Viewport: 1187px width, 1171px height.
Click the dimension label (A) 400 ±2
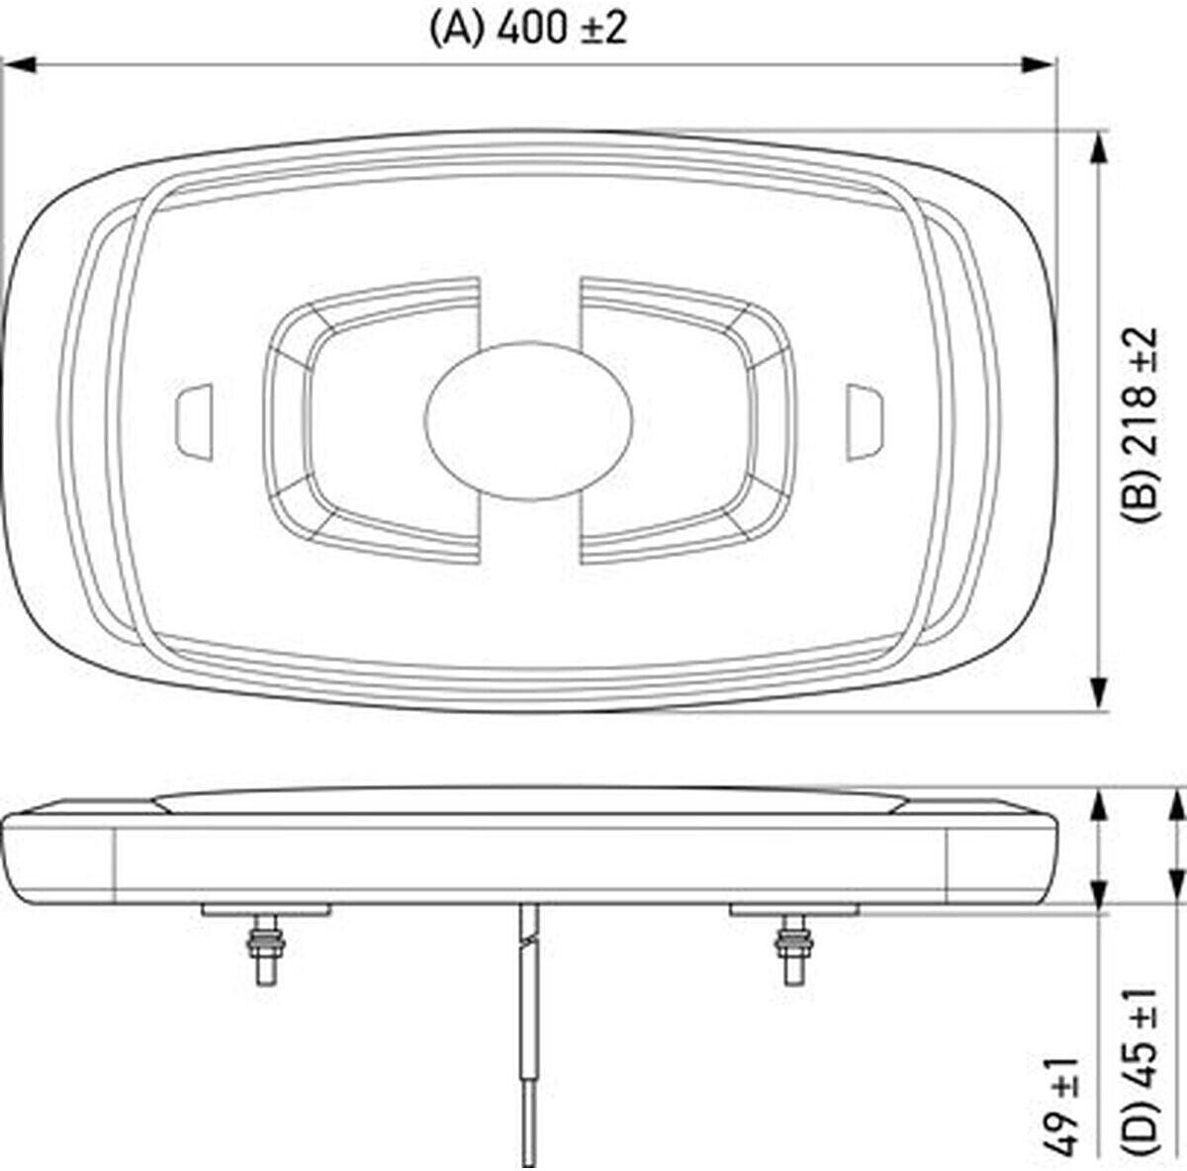click(528, 28)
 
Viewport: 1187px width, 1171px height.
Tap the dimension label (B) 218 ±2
click(1139, 425)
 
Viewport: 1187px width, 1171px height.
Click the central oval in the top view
click(528, 420)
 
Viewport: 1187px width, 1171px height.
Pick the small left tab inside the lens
click(195, 422)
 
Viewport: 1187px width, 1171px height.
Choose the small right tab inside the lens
click(865, 422)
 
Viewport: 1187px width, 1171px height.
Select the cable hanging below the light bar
click(528, 1035)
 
